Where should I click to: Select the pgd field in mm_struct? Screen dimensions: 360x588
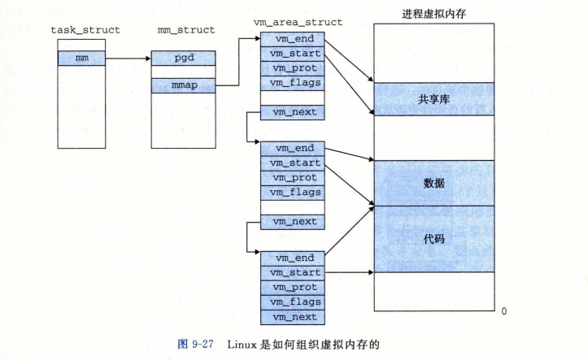184,58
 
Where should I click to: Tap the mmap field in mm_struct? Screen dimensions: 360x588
184,85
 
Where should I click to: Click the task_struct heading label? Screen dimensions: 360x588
85,30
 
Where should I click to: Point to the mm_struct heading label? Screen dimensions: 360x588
185,30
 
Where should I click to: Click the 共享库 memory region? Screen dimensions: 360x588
433,99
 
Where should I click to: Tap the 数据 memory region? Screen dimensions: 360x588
433,183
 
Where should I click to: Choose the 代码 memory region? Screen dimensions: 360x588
433,240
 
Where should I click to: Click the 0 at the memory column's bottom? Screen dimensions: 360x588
504,311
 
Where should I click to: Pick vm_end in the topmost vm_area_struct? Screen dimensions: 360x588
290,39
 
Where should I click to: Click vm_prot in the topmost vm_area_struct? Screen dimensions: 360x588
290,67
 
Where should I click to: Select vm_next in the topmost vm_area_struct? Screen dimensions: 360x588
290,111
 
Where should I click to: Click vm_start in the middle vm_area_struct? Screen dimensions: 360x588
290,163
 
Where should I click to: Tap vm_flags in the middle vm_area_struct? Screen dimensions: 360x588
290,193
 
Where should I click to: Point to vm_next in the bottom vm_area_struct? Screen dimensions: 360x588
290,317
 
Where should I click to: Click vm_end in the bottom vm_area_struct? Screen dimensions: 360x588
290,258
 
